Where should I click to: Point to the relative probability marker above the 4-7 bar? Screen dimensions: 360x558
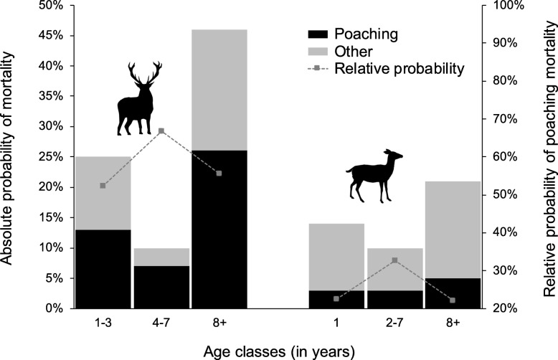tap(161, 131)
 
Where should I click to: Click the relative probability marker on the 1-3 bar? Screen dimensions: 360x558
tap(103, 185)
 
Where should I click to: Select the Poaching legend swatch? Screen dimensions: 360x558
tap(322, 34)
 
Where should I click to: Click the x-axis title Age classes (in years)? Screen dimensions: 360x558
tap(278, 350)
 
